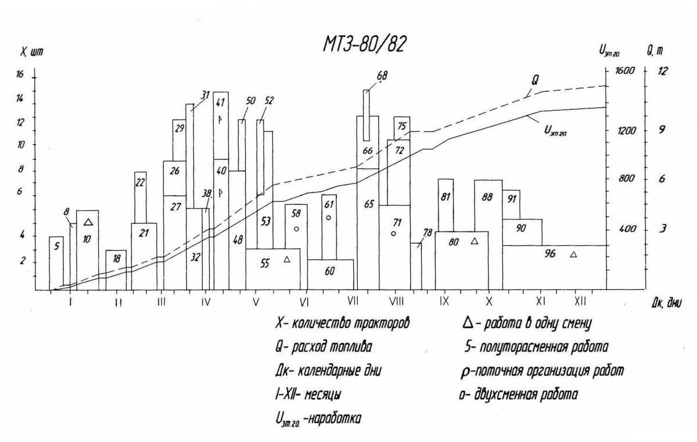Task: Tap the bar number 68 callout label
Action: pos(382,76)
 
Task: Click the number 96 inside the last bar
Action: pos(550,254)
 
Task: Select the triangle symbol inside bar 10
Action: pos(88,222)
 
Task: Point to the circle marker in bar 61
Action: pos(328,218)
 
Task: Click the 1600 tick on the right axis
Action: pos(624,71)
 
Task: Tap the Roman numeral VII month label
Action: pos(353,301)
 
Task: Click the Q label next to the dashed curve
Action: pos(534,80)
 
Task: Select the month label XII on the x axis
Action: pos(580,301)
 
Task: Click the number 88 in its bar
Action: pos(487,197)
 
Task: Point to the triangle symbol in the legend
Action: pos(468,324)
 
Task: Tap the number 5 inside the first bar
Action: pos(57,247)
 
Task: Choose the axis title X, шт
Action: pos(31,53)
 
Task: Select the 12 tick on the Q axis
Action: pos(662,71)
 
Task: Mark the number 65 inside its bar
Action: pos(369,204)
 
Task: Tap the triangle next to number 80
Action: pos(474,240)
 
